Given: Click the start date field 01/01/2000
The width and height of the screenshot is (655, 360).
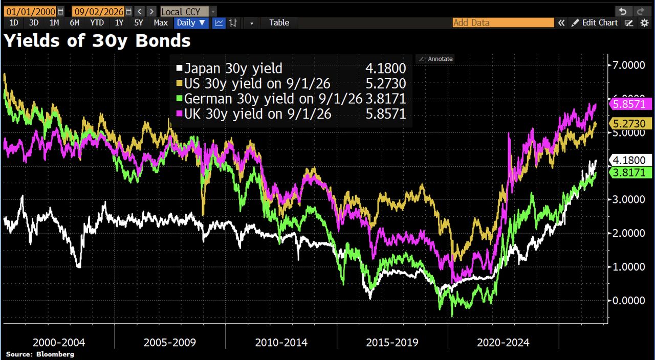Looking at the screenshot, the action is [30, 12].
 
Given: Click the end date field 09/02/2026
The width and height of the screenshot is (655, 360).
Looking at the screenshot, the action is [99, 12].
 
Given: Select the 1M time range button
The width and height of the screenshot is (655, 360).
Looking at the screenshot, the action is [54, 23].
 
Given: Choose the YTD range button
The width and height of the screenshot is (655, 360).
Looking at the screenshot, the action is [97, 23].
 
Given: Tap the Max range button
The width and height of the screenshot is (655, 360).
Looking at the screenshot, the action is [161, 23].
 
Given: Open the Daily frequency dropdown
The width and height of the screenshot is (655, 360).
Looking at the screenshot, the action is [191, 23].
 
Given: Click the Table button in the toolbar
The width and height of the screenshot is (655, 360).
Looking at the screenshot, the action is [279, 23].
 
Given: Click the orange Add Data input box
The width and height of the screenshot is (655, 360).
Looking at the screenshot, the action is [503, 23].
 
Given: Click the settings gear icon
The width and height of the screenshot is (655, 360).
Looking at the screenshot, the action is [644, 23].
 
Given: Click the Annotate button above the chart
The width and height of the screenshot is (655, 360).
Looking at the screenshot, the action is [435, 59].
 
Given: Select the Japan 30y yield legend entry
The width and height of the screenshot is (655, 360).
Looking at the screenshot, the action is [229, 69].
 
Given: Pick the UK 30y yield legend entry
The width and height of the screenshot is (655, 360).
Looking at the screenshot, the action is [254, 114].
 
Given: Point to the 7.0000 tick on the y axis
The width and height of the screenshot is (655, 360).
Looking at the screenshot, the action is [628, 65].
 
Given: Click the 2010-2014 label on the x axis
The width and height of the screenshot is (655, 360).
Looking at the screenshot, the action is [281, 343].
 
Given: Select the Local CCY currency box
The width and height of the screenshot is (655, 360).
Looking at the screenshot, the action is [184, 12].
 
